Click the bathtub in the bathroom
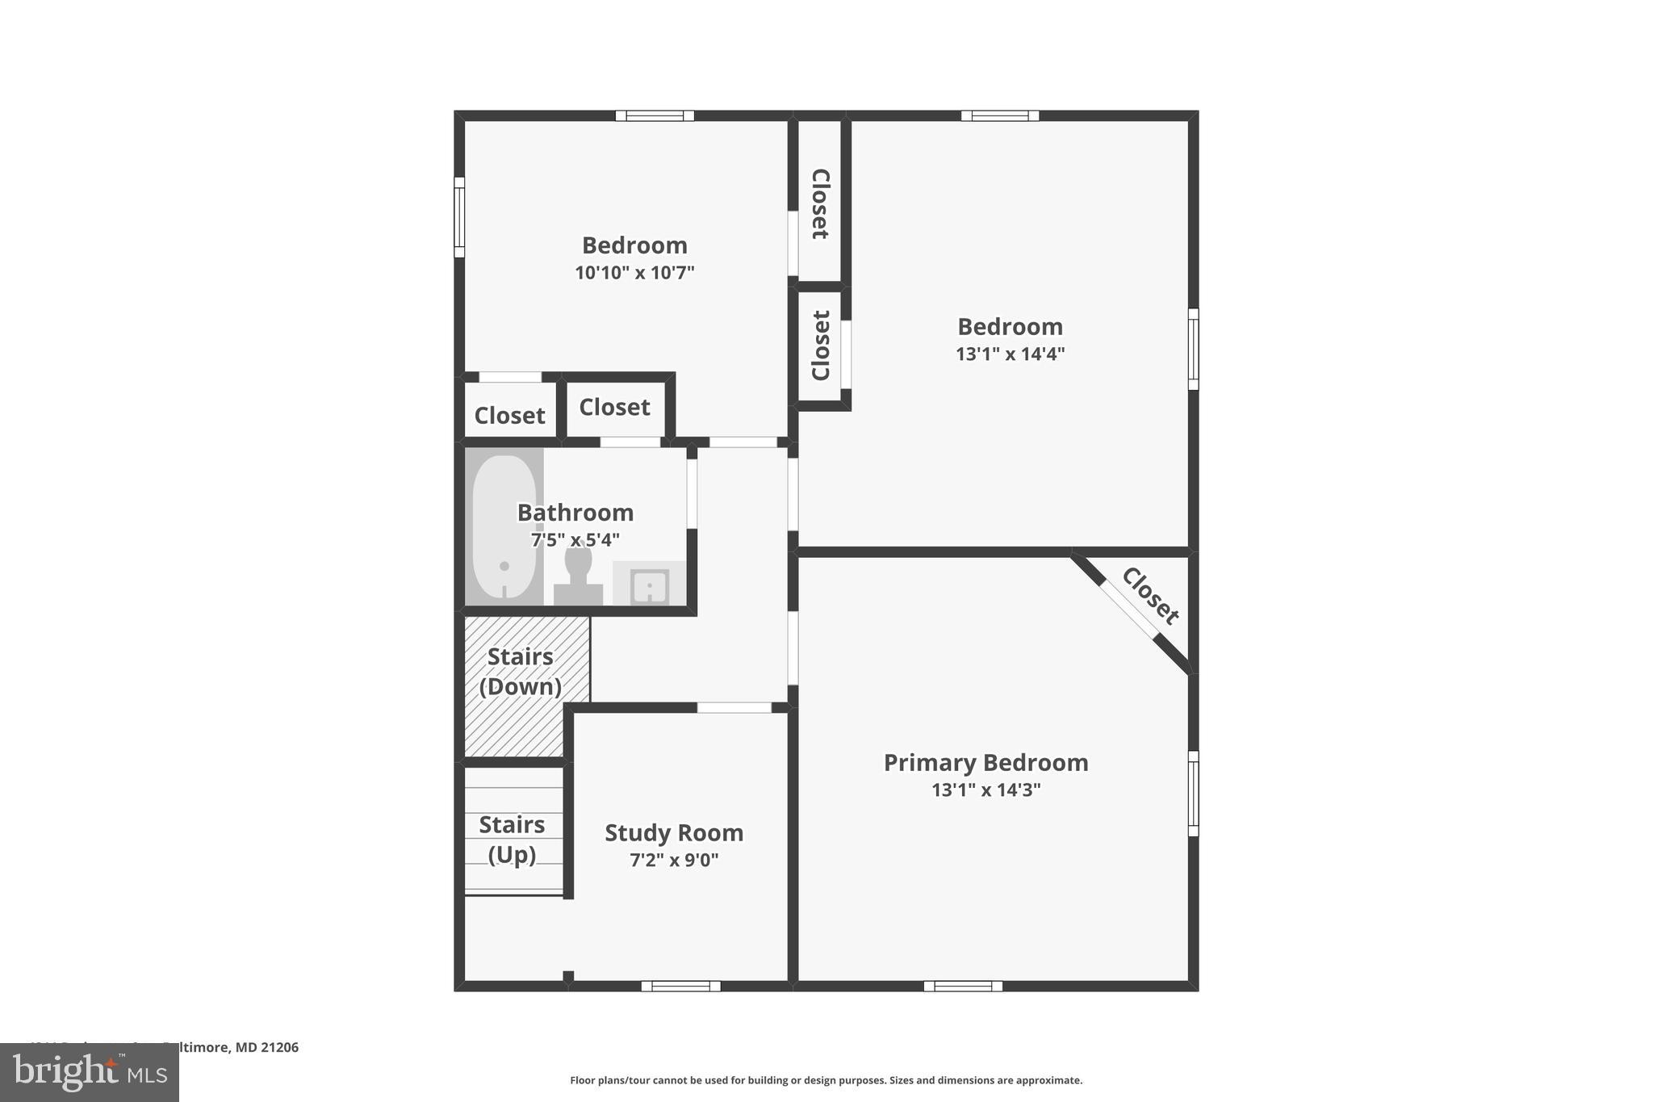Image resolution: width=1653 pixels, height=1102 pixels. tap(504, 526)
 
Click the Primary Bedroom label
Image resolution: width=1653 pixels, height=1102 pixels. tap(986, 762)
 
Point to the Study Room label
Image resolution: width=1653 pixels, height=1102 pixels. tap(674, 832)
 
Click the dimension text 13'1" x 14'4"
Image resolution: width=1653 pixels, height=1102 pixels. tap(1010, 354)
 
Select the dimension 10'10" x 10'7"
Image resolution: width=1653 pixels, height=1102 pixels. tap(634, 273)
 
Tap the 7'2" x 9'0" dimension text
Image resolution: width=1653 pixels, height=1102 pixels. tap(674, 860)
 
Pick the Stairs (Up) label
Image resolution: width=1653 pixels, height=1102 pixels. tap(512, 839)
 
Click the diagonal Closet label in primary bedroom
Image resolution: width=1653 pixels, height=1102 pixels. tap(1150, 597)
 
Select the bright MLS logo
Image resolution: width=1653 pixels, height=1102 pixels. tap(90, 1072)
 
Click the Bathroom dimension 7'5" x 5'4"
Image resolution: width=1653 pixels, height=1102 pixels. tap(575, 539)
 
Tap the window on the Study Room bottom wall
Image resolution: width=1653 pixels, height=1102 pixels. tap(680, 986)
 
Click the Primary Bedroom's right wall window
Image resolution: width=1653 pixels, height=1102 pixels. tap(1193, 794)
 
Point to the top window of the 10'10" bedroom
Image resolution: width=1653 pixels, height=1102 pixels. tap(655, 115)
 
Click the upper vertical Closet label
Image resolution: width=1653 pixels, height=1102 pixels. tap(820, 204)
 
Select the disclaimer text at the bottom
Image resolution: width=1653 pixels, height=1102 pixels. tap(826, 1080)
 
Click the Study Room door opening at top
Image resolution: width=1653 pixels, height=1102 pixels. tap(734, 707)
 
